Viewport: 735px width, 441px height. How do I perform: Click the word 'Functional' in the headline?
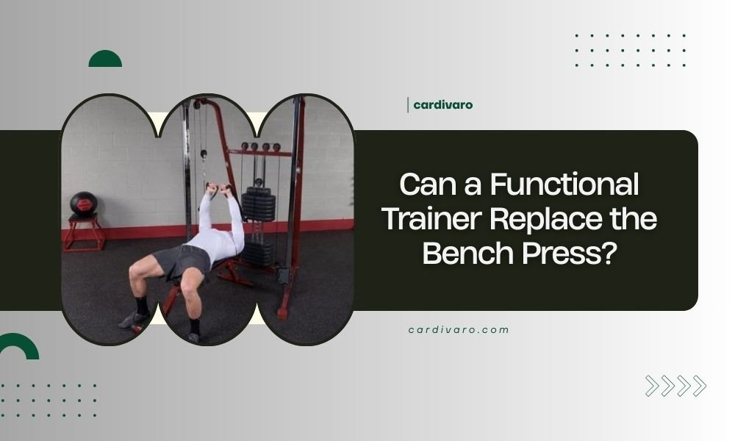[566, 184]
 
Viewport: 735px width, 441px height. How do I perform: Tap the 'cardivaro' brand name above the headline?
[442, 105]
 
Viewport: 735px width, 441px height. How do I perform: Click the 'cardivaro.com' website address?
[459, 330]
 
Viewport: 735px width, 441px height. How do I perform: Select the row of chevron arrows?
[675, 386]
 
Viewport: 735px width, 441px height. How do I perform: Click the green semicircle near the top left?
[105, 60]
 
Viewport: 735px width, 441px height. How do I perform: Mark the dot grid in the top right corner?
[630, 50]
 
